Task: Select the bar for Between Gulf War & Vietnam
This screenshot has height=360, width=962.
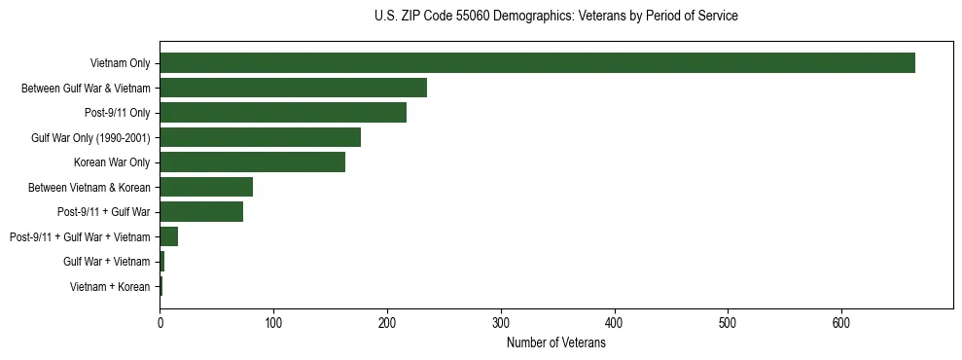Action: (x=293, y=88)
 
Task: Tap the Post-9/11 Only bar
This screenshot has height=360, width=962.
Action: (x=283, y=113)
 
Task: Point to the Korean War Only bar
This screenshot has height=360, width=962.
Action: (x=252, y=162)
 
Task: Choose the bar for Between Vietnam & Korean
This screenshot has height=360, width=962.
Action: (x=206, y=187)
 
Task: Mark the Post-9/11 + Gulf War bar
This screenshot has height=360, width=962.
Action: (x=201, y=212)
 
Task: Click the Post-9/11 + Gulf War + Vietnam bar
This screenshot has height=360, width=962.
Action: (x=168, y=236)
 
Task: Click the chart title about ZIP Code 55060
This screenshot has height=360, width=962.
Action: (x=555, y=17)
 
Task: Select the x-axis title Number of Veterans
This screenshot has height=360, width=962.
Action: (x=555, y=343)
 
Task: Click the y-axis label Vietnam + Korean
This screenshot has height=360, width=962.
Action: (x=110, y=287)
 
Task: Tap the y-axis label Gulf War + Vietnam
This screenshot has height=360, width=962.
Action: (x=107, y=262)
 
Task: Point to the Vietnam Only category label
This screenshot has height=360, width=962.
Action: (x=120, y=63)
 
